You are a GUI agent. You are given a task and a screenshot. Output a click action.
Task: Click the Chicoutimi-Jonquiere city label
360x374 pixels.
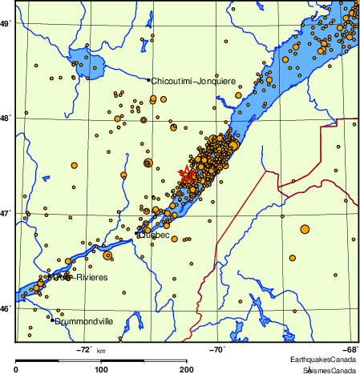193,80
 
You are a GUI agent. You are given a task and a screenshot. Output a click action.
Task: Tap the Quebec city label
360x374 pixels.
154,234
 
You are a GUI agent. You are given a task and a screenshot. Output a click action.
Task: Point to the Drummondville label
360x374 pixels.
84,321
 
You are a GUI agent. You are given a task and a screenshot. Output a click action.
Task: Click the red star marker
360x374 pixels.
187,175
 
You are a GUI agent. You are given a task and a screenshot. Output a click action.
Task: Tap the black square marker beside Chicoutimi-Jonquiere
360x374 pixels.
148,79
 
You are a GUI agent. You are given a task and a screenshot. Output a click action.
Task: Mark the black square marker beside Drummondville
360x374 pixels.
52,321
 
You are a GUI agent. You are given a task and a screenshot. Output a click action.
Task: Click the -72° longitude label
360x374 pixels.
85,349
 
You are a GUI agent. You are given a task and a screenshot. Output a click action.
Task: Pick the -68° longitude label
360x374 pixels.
351,349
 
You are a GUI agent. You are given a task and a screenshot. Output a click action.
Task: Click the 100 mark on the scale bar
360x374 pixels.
102,369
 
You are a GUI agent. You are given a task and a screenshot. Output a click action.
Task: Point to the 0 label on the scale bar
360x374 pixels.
17,369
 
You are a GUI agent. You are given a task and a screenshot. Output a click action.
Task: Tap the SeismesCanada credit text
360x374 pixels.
330,370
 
